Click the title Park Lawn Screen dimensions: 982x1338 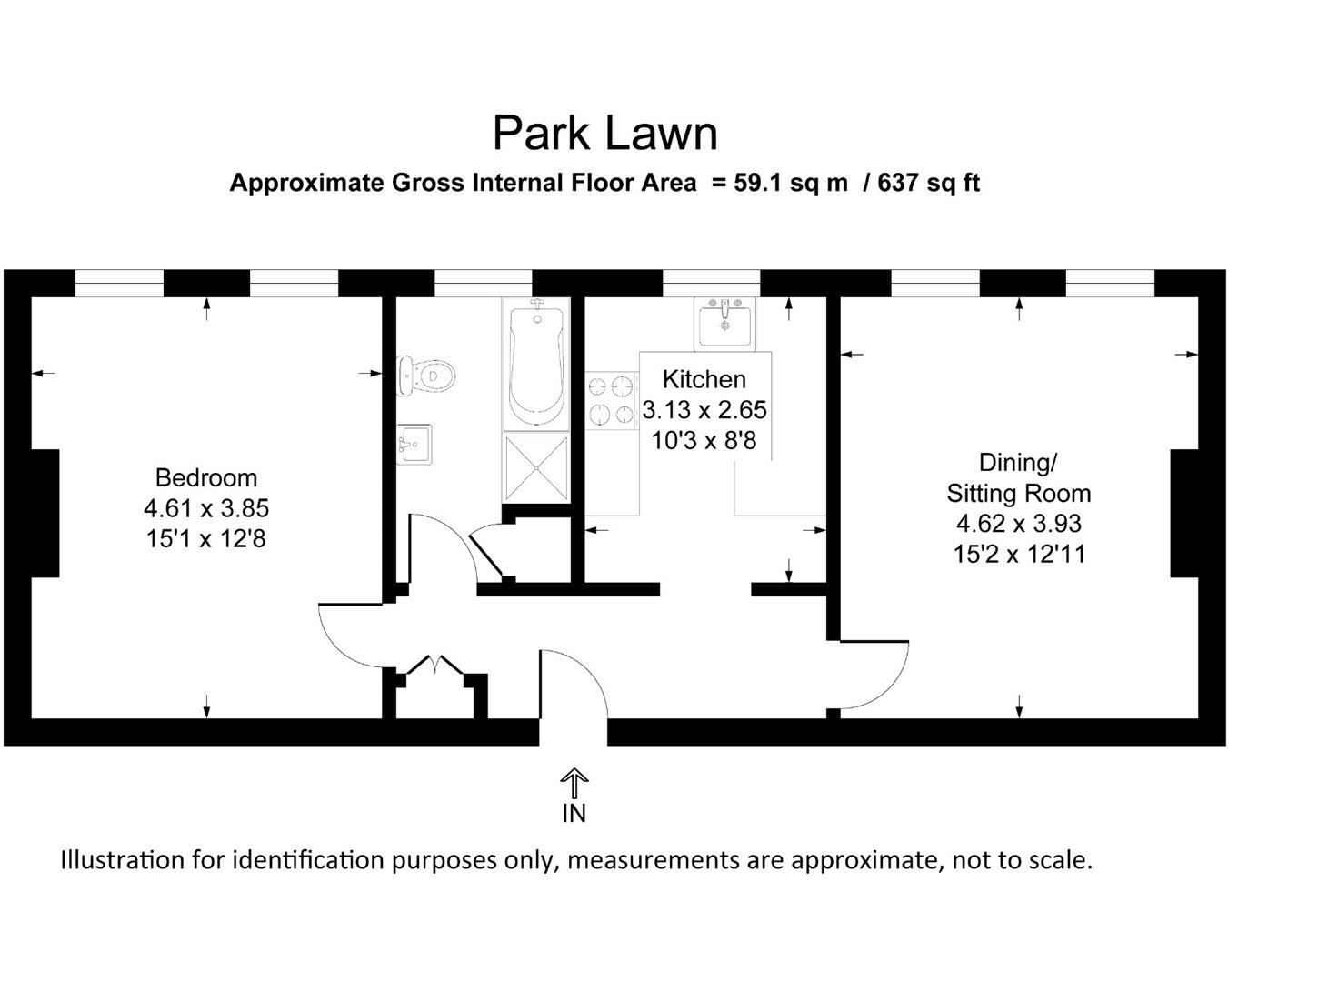click(x=604, y=133)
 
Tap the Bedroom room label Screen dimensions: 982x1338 click(x=205, y=477)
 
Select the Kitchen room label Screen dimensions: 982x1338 click(x=704, y=379)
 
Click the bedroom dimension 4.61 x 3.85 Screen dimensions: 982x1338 click(x=205, y=508)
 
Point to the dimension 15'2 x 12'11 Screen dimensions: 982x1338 click(x=1019, y=554)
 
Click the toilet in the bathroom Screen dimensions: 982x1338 click(x=424, y=376)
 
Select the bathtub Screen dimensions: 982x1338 click(x=536, y=364)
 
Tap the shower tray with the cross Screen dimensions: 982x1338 click(x=536, y=467)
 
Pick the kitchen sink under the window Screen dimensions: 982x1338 click(x=724, y=323)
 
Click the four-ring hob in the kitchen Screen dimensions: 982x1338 click(x=611, y=401)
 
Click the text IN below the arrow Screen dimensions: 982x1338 click(x=574, y=813)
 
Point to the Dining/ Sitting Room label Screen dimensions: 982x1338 click(x=1018, y=478)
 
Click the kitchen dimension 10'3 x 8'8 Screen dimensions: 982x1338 click(x=704, y=442)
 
